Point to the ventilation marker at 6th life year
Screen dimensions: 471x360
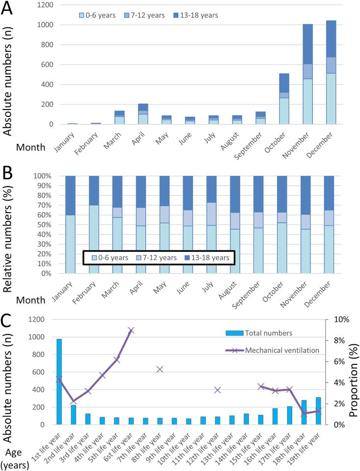[x=131, y=331]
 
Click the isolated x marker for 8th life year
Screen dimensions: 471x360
[x=160, y=369]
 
